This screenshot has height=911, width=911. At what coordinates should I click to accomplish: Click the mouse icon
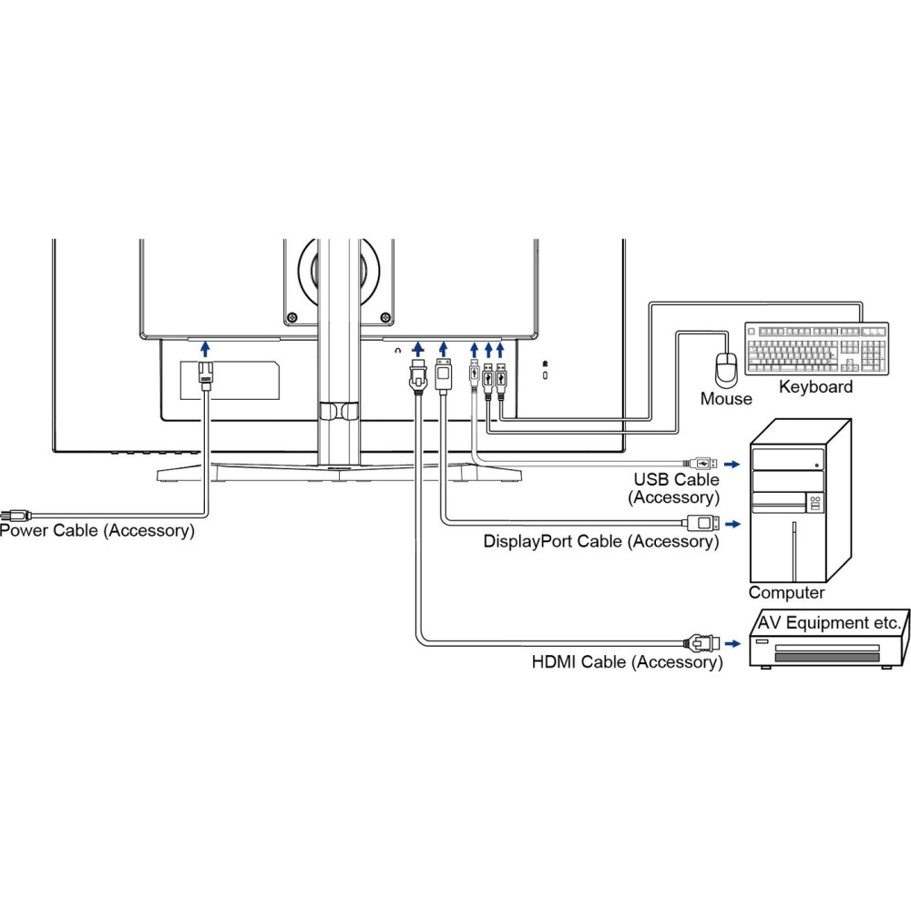point(726,370)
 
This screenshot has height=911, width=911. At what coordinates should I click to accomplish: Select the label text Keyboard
point(815,387)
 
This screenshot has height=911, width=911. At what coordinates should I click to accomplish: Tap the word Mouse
point(726,398)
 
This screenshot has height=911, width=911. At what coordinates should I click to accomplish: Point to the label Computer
point(786,593)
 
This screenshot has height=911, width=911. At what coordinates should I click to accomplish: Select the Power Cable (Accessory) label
point(97,530)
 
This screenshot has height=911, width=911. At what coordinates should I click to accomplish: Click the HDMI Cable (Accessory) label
point(627,662)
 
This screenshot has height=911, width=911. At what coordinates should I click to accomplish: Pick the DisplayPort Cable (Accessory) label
point(600,541)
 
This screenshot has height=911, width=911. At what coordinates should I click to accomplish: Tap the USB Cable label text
point(676,480)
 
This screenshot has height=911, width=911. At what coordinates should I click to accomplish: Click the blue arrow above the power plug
point(205,348)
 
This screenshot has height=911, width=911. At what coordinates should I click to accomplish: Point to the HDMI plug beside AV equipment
point(701,643)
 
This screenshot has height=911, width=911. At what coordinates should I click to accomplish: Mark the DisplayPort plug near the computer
point(701,523)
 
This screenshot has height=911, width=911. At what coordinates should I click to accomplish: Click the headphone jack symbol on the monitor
point(397,349)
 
